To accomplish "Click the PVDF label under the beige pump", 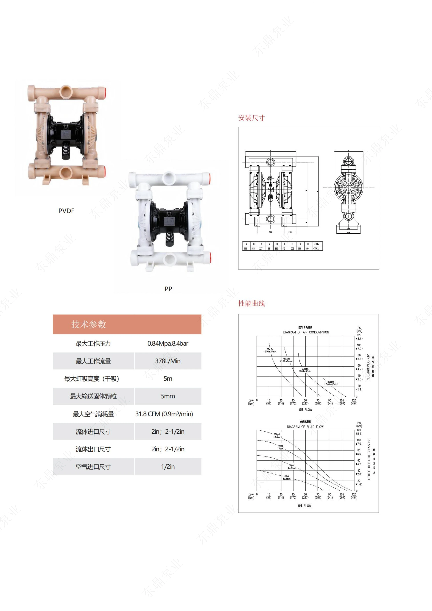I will click(66, 211).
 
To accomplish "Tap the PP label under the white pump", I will click(168, 289).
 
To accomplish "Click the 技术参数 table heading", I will click(89, 324).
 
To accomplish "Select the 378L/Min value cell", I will click(168, 361).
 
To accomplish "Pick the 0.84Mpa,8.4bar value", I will click(168, 343).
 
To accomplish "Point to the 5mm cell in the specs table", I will click(168, 396).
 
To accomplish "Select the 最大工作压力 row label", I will click(93, 343).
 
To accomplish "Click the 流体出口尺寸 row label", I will click(93, 449).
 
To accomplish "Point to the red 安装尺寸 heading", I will click(251, 118).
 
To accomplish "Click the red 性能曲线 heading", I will click(251, 303).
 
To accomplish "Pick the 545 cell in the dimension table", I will click(253, 249).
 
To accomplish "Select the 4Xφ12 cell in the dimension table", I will click(316, 249).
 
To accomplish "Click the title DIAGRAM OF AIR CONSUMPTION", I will click(306, 332).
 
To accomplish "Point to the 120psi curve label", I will click(277, 435).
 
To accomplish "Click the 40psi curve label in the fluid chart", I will click(287, 477).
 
